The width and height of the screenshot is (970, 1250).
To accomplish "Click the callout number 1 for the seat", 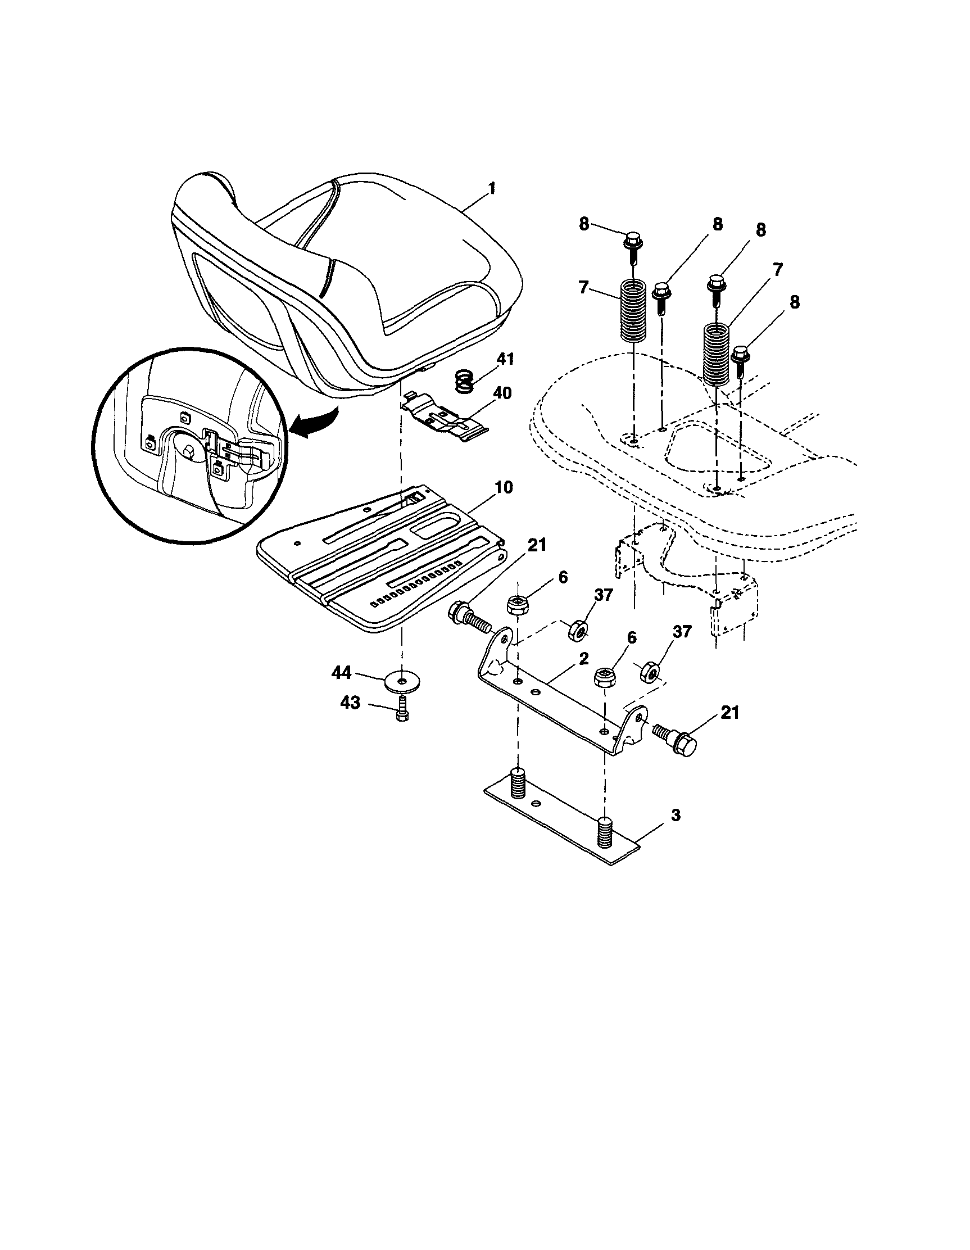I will [492, 189].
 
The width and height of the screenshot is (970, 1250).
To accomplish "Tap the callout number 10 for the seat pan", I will [504, 488].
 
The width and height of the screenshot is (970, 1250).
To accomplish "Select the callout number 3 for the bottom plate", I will [676, 815].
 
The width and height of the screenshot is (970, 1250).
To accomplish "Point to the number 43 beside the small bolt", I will [350, 702].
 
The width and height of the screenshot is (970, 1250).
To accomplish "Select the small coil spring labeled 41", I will [466, 381].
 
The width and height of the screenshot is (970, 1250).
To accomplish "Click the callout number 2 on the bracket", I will [583, 659].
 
